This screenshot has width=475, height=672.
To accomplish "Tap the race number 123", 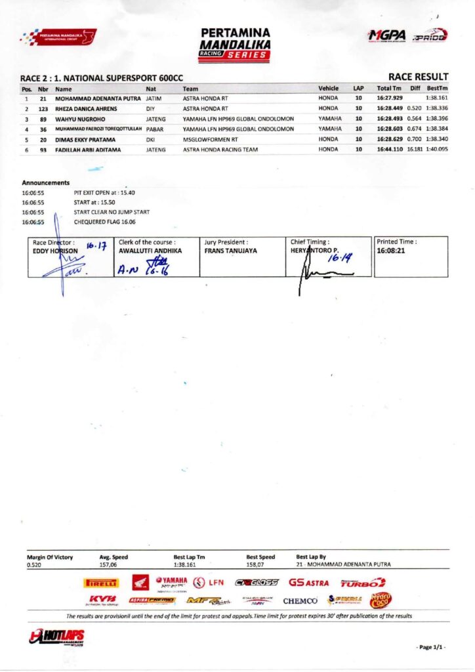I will [x=43, y=108].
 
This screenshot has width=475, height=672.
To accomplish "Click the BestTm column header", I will [x=437, y=88].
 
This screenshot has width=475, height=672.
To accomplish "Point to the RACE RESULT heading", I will [x=418, y=77].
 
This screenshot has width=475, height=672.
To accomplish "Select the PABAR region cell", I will [x=154, y=129].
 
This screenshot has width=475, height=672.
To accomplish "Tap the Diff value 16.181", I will [x=414, y=150].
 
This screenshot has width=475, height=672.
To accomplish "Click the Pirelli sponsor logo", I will [x=102, y=582].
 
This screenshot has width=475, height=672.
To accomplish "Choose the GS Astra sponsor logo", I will [x=308, y=582].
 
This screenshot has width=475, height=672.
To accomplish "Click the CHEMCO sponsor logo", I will [x=300, y=600].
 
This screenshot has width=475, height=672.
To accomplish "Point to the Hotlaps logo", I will [x=57, y=637].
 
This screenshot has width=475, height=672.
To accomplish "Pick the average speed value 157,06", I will [x=108, y=564].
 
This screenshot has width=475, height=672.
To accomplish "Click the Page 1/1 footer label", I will [x=431, y=647].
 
